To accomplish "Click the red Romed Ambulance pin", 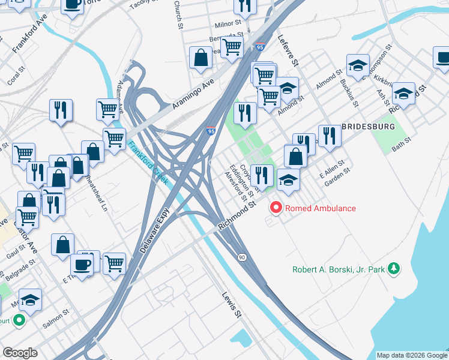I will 277,208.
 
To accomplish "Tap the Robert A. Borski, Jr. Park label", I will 338,269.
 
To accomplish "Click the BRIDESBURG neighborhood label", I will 368,127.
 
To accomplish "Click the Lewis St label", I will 232,304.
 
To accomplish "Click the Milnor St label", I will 228,26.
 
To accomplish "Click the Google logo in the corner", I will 20,353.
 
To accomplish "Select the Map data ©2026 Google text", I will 411,355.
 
